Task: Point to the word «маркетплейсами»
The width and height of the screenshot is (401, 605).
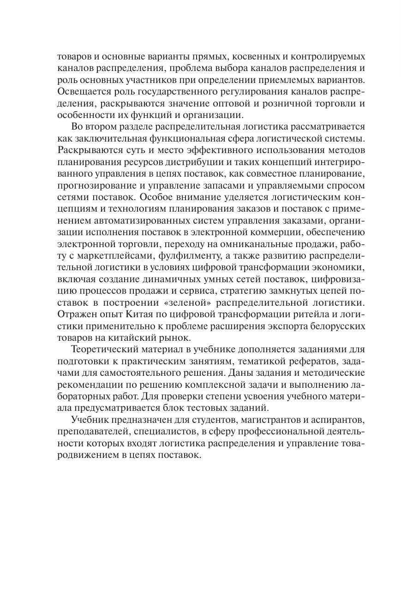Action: coord(120,255)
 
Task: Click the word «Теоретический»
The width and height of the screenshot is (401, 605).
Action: coord(109,349)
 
